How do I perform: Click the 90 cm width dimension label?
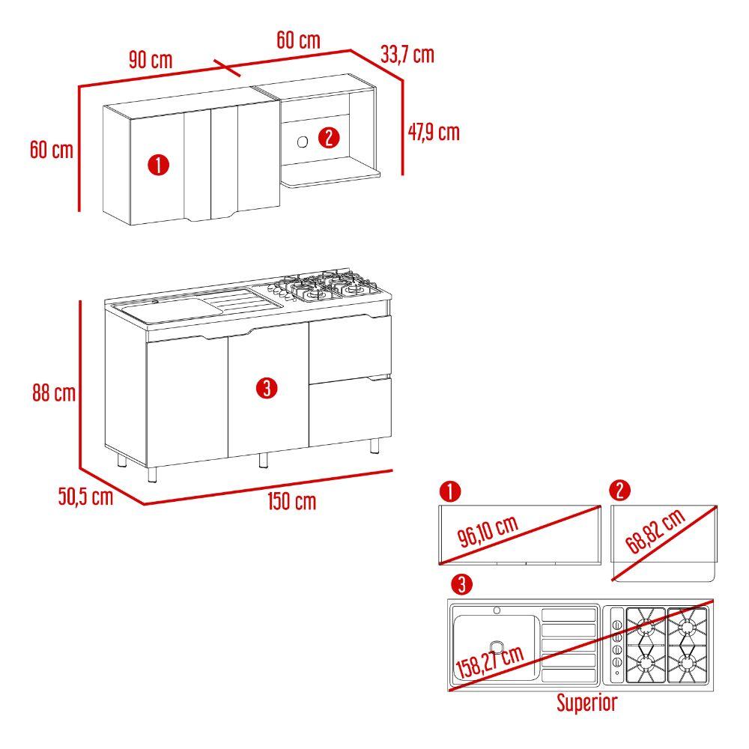(x=151, y=60)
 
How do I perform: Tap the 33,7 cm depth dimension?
(x=407, y=55)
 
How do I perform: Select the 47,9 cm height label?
(x=434, y=132)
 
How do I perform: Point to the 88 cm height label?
(x=54, y=393)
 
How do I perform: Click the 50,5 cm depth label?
(x=85, y=497)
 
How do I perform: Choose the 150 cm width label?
(x=292, y=502)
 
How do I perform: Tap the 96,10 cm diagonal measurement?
(x=488, y=531)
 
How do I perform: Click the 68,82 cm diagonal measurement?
(x=655, y=531)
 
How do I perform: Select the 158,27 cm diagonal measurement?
(x=490, y=661)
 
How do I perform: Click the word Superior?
(x=587, y=703)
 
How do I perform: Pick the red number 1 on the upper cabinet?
(x=159, y=165)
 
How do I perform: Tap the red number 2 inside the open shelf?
(x=329, y=138)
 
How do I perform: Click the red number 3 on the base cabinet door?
(x=267, y=388)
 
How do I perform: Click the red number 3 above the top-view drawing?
(x=461, y=584)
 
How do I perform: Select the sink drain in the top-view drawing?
(x=497, y=647)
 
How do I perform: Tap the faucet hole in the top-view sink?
(x=497, y=610)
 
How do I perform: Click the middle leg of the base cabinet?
(x=263, y=460)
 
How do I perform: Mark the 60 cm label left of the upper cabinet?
(x=52, y=150)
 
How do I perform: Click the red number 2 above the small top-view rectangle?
(x=620, y=491)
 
